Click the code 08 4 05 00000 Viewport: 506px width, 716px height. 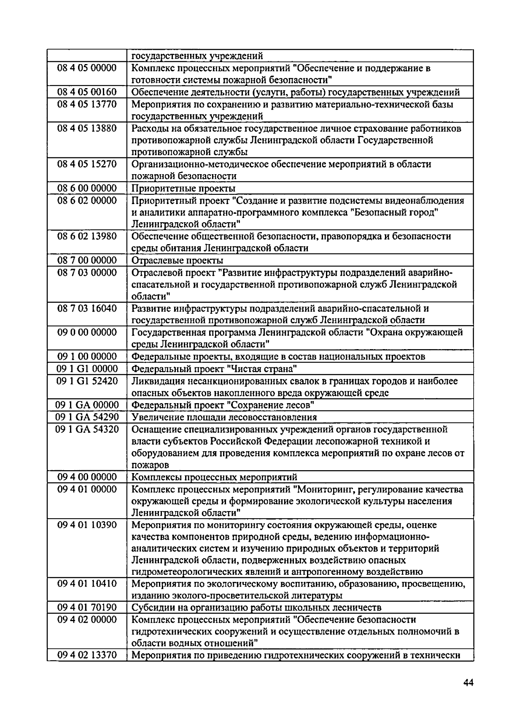click(87, 68)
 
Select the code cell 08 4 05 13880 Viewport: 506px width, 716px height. click(87, 128)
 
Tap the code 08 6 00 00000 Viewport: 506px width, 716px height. click(87, 188)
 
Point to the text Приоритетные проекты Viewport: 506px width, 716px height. click(183, 188)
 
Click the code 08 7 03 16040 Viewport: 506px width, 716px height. click(87, 308)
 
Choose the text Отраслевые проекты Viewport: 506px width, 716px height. click(178, 260)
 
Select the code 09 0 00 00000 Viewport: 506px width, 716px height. click(87, 332)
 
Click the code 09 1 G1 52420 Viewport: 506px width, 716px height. click(87, 381)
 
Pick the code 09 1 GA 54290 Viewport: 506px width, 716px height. click(87, 417)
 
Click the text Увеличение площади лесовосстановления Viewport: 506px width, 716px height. click(224, 417)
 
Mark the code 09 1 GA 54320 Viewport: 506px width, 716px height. click(87, 429)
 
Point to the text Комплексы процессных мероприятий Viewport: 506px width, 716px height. click(215, 477)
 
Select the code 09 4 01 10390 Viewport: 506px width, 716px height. click(87, 525)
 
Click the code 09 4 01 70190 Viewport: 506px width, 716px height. click(87, 607)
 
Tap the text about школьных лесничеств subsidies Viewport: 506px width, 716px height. click(257, 607)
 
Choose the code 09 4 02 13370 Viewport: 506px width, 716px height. click(87, 655)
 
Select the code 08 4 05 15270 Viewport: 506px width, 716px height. click(87, 164)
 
